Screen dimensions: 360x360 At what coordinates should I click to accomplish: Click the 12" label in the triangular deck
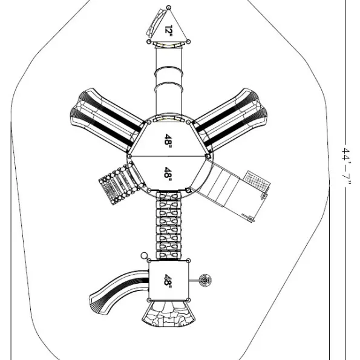click(x=169, y=30)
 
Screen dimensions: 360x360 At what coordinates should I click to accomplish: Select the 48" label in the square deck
click(x=168, y=280)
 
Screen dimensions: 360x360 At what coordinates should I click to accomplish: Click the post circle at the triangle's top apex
click(x=169, y=8)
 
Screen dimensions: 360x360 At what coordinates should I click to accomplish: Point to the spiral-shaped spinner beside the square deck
click(x=205, y=280)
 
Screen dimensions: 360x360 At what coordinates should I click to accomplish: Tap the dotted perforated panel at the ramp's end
click(x=257, y=180)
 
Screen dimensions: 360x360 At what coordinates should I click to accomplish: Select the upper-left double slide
click(x=107, y=120)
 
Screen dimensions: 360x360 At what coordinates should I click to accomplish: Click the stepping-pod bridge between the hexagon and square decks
click(x=169, y=226)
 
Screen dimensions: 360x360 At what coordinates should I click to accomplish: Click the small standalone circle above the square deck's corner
click(x=144, y=255)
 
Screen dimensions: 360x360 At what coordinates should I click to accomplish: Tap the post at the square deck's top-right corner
click(x=188, y=261)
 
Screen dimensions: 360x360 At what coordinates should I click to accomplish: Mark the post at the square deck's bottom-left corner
click(x=149, y=300)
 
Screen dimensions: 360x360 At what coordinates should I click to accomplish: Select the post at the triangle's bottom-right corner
click(x=188, y=42)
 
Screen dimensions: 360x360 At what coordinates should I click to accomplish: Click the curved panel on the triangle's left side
click(x=155, y=23)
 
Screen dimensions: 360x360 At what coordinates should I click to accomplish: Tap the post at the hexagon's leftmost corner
click(x=129, y=156)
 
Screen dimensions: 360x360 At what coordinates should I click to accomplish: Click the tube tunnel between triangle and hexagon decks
click(x=169, y=80)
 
